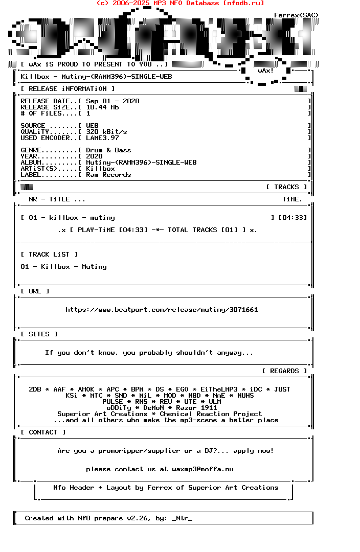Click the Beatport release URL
click(x=162, y=310)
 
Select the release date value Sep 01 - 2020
click(x=112, y=101)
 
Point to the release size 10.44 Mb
click(x=102, y=107)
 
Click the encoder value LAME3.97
click(x=102, y=138)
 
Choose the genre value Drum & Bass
click(x=108, y=150)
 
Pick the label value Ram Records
click(x=108, y=175)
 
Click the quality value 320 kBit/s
click(x=106, y=132)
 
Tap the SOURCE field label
click(x=33, y=126)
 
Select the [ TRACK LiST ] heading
click(x=49, y=255)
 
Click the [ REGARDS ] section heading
click(x=284, y=371)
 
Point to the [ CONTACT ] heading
click(x=43, y=432)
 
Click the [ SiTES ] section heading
click(x=39, y=334)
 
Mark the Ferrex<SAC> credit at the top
click(x=297, y=15)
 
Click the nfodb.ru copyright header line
click(x=180, y=3)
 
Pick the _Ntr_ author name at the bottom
click(x=182, y=518)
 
